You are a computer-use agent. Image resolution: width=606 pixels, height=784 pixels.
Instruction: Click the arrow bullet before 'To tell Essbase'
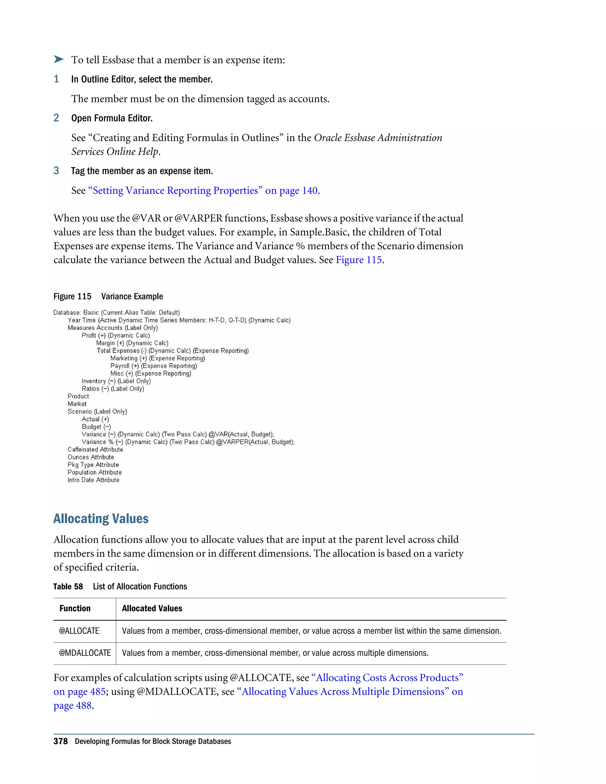click(59, 59)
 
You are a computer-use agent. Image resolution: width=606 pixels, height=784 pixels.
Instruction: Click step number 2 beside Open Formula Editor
click(56, 118)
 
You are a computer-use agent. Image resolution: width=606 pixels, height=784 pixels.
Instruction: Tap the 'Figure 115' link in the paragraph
click(358, 260)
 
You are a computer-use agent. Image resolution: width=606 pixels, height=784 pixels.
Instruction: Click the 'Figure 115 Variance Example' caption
click(108, 296)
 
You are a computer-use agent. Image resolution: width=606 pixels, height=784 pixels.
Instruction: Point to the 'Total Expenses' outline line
click(172, 351)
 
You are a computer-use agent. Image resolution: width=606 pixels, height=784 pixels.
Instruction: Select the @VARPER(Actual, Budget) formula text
click(255, 442)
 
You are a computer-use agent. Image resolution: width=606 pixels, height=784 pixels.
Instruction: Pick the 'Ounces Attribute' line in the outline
click(91, 457)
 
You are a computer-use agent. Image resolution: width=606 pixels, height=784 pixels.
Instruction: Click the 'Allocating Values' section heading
click(101, 519)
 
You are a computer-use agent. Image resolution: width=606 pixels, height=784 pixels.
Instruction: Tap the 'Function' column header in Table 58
click(75, 609)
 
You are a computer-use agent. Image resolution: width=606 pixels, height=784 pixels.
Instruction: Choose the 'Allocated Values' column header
click(152, 609)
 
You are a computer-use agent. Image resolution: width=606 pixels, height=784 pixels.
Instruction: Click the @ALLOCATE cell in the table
click(79, 631)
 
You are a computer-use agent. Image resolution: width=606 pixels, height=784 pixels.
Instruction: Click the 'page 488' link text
click(73, 705)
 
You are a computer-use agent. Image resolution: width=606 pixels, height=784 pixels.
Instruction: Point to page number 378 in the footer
click(60, 742)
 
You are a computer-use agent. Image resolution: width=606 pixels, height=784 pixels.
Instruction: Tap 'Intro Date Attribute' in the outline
click(93, 480)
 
